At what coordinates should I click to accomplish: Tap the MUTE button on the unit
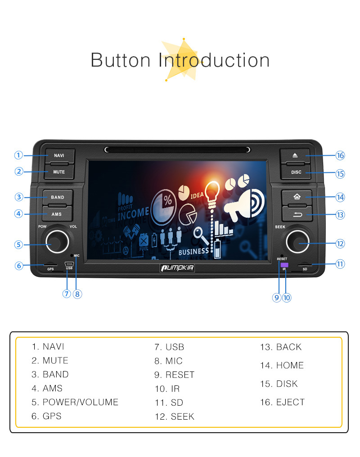pyautogui.click(x=59, y=172)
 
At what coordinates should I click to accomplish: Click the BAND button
pyautogui.click(x=58, y=197)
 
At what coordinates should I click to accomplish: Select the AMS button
pyautogui.click(x=57, y=214)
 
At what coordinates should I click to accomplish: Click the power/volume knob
pyautogui.click(x=57, y=241)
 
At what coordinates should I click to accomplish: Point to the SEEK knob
pyautogui.click(x=297, y=242)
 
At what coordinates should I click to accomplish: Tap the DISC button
pyautogui.click(x=296, y=172)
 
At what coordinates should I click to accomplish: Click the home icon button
pyautogui.click(x=297, y=197)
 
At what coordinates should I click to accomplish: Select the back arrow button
pyautogui.click(x=297, y=214)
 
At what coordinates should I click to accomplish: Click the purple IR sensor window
pyautogui.click(x=284, y=265)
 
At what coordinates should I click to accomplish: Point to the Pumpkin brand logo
pyautogui.click(x=177, y=268)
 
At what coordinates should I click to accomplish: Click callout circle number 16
pyautogui.click(x=340, y=155)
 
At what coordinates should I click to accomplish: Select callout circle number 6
pyautogui.click(x=19, y=266)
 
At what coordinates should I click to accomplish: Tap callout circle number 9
pyautogui.click(x=276, y=298)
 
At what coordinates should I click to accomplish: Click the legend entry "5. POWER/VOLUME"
pyautogui.click(x=75, y=402)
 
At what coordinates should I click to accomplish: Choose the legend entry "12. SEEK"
pyautogui.click(x=175, y=417)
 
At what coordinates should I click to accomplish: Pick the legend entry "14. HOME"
pyautogui.click(x=282, y=366)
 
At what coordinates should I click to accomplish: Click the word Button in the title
pyautogui.click(x=121, y=60)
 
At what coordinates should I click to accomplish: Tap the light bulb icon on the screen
pyautogui.click(x=212, y=194)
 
